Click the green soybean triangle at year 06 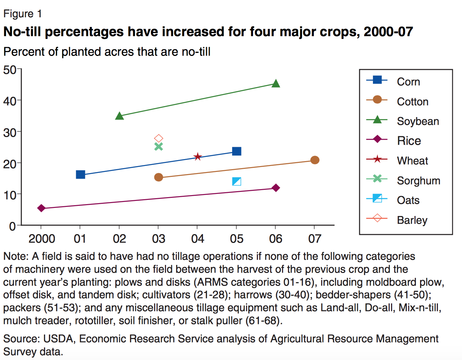click(x=276, y=84)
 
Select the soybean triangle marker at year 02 click(x=120, y=116)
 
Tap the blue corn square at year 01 click(x=80, y=174)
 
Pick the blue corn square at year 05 click(x=237, y=151)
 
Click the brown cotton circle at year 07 click(x=315, y=160)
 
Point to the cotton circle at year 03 click(x=159, y=177)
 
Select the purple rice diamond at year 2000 click(x=41, y=208)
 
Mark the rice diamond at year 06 click(x=276, y=188)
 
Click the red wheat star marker click(x=197, y=157)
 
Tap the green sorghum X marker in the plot click(x=159, y=146)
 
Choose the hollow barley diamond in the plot click(x=159, y=138)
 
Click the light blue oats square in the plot click(x=237, y=181)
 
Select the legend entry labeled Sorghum click(x=418, y=181)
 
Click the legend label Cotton click(x=412, y=102)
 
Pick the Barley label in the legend click(x=412, y=220)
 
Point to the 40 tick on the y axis click(x=10, y=101)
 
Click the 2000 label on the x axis click(x=42, y=239)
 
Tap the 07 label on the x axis click(x=315, y=239)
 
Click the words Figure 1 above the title click(x=23, y=14)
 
